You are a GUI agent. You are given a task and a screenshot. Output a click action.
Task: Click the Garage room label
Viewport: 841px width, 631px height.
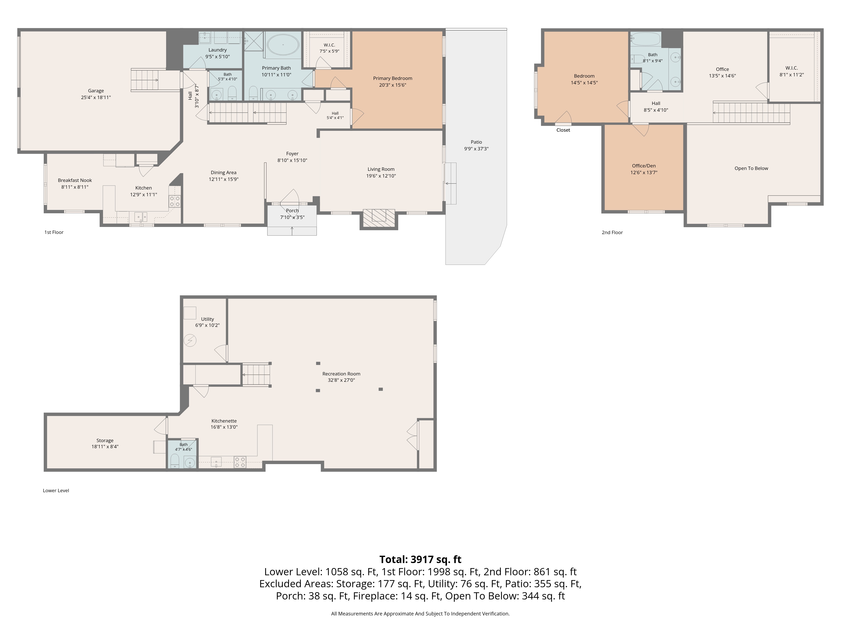click(x=96, y=90)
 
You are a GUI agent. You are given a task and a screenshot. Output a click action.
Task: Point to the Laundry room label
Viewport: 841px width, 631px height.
click(x=217, y=50)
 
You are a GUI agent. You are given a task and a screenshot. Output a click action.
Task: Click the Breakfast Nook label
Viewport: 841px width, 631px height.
click(x=75, y=180)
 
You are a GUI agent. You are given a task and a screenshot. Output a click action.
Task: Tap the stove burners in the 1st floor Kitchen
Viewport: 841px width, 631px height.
click(x=175, y=201)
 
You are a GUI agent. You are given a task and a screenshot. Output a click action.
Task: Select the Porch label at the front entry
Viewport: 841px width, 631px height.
click(x=292, y=210)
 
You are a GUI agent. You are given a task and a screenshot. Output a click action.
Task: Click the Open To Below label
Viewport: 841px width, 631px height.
click(x=751, y=168)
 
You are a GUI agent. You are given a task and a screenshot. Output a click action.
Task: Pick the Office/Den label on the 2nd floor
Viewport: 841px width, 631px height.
click(x=644, y=166)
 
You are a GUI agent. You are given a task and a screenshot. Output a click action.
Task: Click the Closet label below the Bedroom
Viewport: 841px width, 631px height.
click(x=563, y=130)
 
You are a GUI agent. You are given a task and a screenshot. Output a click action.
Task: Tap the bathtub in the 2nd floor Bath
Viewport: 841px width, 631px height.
click(x=646, y=39)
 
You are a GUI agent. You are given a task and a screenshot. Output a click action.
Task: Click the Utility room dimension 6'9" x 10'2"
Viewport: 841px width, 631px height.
click(x=207, y=325)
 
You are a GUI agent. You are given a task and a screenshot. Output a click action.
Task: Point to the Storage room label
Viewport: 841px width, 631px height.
click(x=105, y=440)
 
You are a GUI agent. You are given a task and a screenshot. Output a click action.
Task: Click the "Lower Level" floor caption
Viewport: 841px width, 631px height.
click(x=56, y=491)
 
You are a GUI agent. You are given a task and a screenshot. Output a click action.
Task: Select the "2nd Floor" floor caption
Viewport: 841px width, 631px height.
click(x=612, y=232)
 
